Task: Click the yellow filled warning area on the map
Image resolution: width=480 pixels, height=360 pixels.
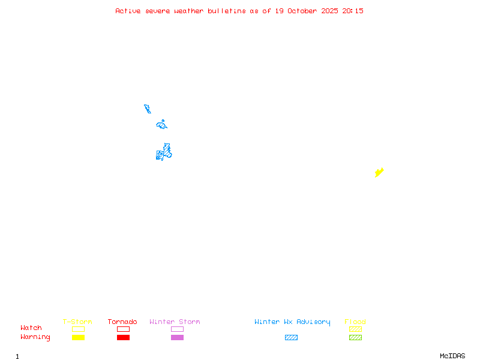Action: point(379,173)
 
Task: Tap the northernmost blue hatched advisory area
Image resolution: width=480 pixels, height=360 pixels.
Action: point(147,109)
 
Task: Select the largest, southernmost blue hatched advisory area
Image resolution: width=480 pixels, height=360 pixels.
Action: point(163,153)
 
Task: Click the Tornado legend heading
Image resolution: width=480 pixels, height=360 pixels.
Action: point(122,322)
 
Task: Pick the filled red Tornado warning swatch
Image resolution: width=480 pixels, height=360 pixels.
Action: point(123,337)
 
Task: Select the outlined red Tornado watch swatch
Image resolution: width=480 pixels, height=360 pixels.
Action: point(123,329)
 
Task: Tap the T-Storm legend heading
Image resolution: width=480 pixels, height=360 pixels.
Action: point(77,322)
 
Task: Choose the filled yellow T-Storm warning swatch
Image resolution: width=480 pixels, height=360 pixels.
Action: point(78,337)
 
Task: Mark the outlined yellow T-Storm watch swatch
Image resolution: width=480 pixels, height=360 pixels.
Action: point(78,329)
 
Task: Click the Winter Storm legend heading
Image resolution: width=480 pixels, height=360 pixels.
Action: point(175,322)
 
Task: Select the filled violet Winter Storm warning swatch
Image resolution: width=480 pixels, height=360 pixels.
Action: point(177,337)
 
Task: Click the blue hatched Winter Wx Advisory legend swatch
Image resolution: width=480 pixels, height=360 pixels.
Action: point(291,337)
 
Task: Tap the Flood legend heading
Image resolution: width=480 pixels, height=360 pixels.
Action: point(355,322)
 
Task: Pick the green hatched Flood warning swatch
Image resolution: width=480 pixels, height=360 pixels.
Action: point(355,337)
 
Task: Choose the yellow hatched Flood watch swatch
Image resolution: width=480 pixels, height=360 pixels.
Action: point(355,329)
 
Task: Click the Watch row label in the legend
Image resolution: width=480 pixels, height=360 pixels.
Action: point(31,328)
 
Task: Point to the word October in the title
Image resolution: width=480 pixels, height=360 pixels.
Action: point(307,11)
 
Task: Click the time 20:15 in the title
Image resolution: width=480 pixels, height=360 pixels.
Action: point(353,11)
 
